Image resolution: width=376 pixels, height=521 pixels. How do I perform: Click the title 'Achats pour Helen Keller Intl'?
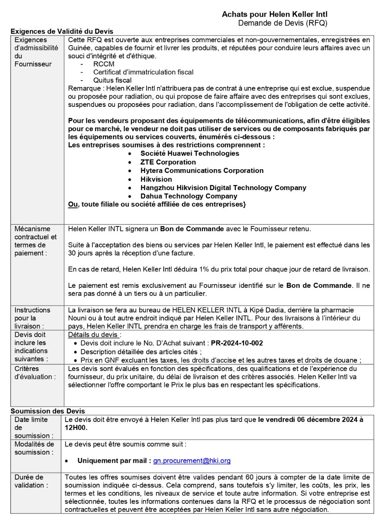pos(274,15)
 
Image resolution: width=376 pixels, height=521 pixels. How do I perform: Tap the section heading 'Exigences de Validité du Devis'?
pos(61,31)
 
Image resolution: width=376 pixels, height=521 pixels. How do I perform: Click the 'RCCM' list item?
pos(104,64)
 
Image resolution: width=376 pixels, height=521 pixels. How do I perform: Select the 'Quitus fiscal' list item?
pos(112,80)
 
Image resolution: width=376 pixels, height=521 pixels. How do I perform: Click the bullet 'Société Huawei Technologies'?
pos(190,153)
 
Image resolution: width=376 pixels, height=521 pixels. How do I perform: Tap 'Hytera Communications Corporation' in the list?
pos(202,170)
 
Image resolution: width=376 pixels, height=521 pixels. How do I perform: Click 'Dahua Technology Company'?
pos(188,196)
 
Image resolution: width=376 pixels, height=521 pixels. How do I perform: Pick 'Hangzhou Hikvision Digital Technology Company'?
pos(223,188)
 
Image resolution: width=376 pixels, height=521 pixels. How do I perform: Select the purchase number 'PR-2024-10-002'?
pos(237,343)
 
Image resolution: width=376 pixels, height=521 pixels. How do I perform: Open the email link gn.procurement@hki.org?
pos(192,461)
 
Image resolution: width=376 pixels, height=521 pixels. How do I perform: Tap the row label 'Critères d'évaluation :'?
pos(35,373)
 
